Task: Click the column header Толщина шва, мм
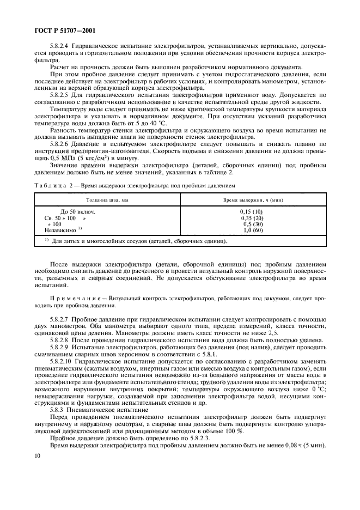coord(102,201)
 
